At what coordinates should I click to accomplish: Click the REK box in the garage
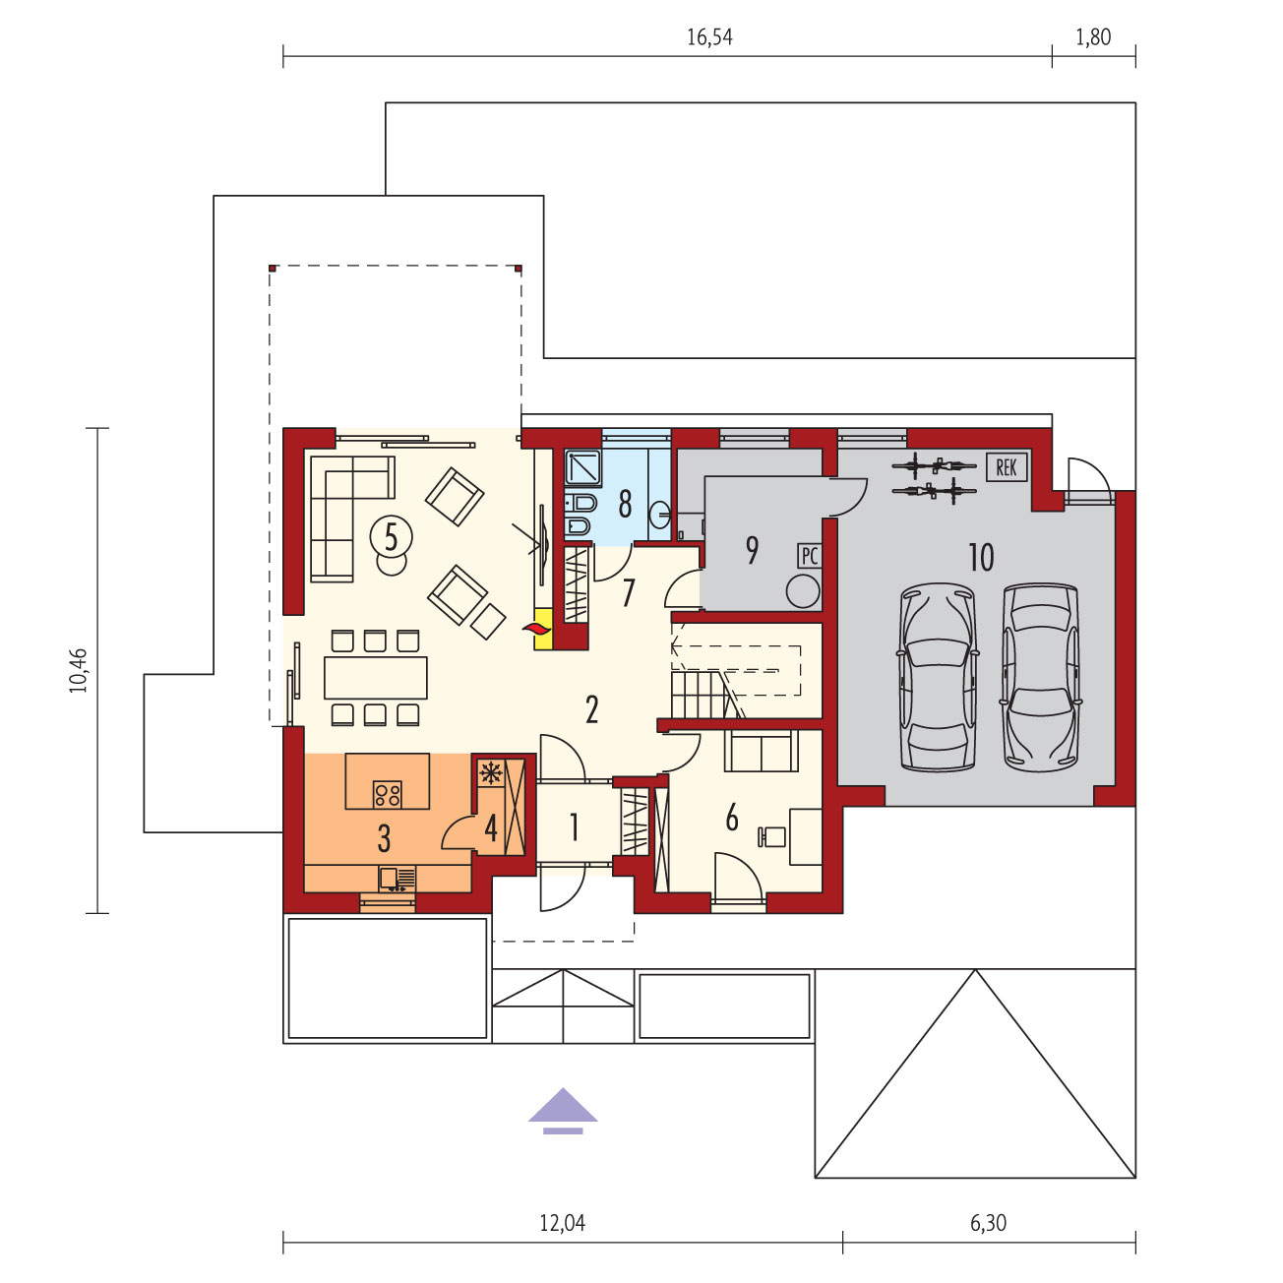[x=1006, y=467]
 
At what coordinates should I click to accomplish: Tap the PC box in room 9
[x=809, y=555]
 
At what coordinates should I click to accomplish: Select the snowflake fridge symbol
[x=491, y=772]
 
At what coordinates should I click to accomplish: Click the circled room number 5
[x=391, y=536]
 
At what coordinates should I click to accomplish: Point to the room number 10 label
[x=981, y=557]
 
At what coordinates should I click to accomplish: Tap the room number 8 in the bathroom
[x=625, y=504]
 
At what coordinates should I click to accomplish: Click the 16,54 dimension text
[x=709, y=37]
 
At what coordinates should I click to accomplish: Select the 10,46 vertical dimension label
[x=79, y=670]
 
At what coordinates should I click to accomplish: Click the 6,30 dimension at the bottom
[x=988, y=1222]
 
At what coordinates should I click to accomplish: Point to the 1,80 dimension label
[x=1093, y=37]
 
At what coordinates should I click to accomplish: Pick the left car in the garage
[x=938, y=677]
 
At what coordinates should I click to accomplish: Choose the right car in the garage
[x=1041, y=677]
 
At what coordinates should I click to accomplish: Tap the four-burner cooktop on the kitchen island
[x=388, y=794]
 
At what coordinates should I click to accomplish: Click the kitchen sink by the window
[x=397, y=879]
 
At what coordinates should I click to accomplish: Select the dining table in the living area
[x=376, y=677]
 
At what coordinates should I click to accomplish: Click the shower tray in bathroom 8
[x=582, y=467]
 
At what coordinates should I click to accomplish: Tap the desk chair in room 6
[x=772, y=837]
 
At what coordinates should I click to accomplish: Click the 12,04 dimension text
[x=563, y=1222]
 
